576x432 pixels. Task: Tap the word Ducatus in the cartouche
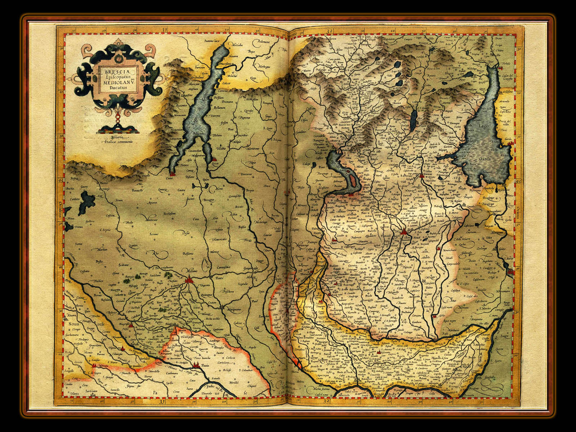tap(110, 86)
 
